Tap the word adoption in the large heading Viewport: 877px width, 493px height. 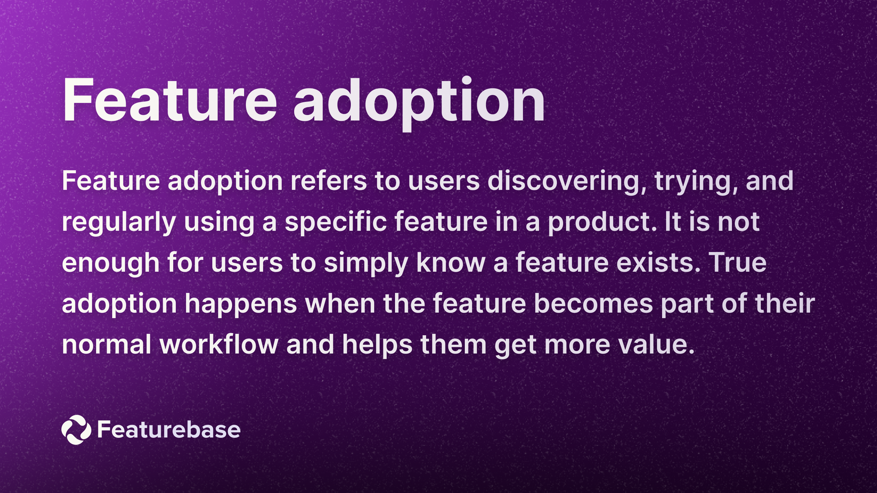tap(419, 103)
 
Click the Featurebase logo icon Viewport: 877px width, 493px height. tap(76, 429)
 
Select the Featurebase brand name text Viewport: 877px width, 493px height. tap(169, 429)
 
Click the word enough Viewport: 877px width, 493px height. tap(111, 263)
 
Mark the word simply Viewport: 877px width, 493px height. tap(366, 263)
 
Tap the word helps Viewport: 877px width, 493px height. tap(377, 345)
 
